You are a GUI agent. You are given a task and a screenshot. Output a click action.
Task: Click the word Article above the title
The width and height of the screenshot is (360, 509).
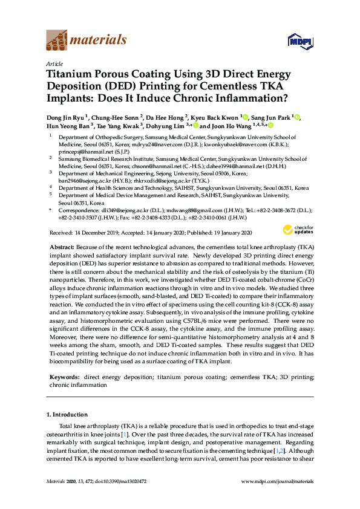click(x=54, y=63)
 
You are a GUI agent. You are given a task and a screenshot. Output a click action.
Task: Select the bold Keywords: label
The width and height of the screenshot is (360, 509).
click(x=65, y=377)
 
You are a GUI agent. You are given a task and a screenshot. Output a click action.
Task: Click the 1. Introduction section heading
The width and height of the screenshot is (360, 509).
click(x=67, y=415)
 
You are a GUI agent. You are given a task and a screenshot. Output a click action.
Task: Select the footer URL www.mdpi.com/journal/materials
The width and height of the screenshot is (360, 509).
click(x=277, y=481)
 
